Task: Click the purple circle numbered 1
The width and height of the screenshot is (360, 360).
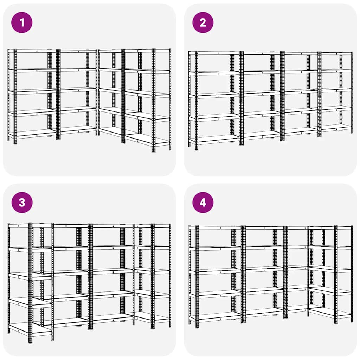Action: [22, 22]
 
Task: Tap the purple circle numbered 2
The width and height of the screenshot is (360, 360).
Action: [203, 22]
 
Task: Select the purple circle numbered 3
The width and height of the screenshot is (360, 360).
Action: [22, 202]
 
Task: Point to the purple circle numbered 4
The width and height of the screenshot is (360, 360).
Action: [203, 202]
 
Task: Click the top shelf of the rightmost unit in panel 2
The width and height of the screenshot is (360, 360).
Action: [336, 53]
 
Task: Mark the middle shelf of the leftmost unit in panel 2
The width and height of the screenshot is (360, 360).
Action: [214, 95]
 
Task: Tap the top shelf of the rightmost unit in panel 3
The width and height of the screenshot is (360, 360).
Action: [152, 226]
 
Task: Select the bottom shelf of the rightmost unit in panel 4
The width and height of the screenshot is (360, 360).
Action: [330, 312]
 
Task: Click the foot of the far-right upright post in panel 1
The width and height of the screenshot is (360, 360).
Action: [171, 149]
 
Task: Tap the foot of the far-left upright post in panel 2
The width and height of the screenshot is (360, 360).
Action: [189, 146]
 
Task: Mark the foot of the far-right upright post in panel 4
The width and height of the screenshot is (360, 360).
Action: [352, 321]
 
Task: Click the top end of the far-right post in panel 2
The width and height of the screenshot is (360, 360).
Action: [352, 53]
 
